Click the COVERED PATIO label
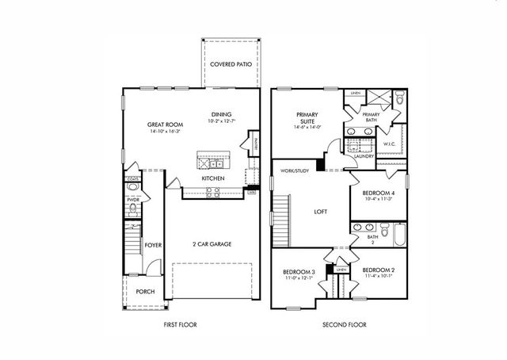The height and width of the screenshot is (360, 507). click(231, 63)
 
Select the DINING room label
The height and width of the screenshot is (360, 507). click(221, 113)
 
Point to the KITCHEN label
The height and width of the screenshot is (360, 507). click(213, 178)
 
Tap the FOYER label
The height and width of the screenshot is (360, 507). click(153, 247)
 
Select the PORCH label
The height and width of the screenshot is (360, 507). click(145, 291)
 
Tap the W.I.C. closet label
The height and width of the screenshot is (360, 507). click(389, 144)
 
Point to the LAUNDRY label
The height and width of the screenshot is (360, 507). click(364, 156)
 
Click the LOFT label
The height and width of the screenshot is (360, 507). click(321, 212)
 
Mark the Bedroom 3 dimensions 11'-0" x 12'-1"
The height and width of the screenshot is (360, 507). click(299, 278)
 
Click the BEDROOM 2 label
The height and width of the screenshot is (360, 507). click(377, 270)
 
